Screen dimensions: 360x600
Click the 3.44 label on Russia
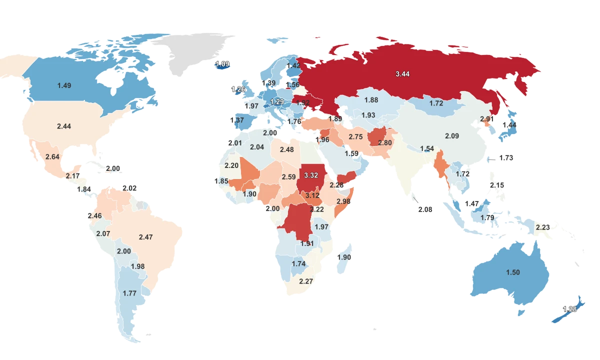[x=402, y=74]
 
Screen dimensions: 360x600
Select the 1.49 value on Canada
[x=64, y=85]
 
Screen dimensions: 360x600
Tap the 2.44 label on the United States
[x=64, y=126]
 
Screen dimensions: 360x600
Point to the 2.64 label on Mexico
[x=52, y=157]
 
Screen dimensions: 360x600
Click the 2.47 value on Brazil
[x=145, y=237]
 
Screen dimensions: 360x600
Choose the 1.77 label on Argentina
[x=129, y=293]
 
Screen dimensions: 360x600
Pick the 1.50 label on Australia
[x=513, y=272]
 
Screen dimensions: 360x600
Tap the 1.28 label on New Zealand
[x=569, y=309]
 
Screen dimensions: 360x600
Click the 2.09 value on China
[x=451, y=136]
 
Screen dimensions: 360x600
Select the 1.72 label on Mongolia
[x=436, y=103]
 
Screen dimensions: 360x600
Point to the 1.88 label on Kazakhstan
[x=371, y=100]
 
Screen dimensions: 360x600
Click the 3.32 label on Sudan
[x=311, y=175]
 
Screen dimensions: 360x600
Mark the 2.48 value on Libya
[x=286, y=149]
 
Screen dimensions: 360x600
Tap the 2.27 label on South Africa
[x=305, y=281]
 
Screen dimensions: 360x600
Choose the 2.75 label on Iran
[x=355, y=137]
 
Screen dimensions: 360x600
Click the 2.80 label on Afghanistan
[x=384, y=143]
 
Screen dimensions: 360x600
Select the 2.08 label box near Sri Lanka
[x=425, y=209]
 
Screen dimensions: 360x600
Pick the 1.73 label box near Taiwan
[x=506, y=158]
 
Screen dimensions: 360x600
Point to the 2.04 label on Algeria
[x=256, y=147]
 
